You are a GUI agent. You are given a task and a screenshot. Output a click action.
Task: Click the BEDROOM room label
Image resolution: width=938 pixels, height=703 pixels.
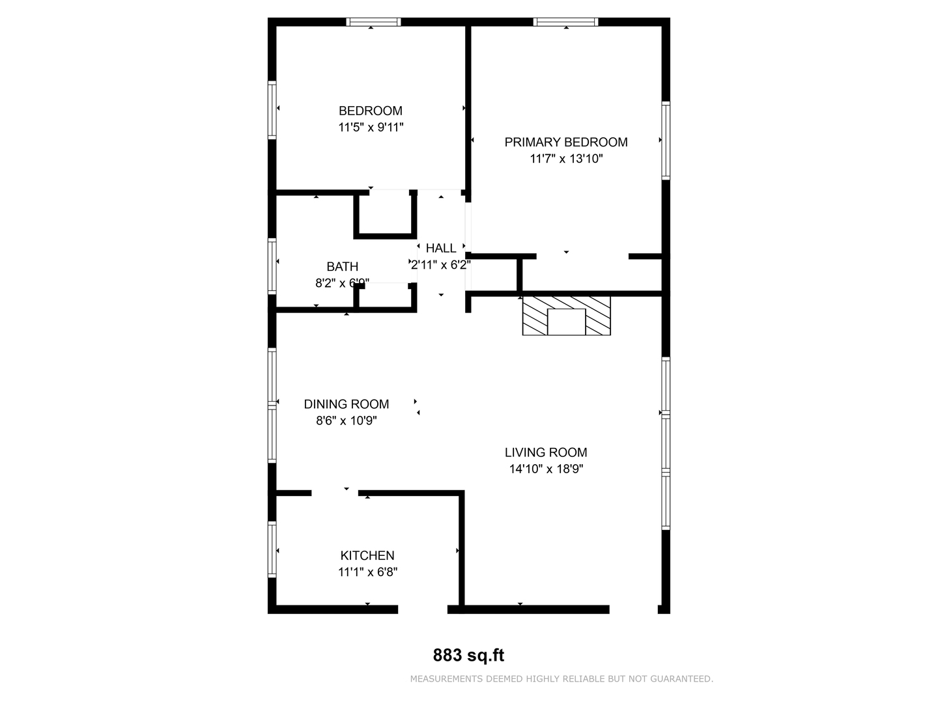coord(370,111)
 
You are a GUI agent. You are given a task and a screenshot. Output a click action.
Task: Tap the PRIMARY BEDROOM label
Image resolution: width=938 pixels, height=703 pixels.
coord(566,142)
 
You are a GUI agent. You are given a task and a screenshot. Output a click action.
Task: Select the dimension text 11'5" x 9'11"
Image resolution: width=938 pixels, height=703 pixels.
coord(371,128)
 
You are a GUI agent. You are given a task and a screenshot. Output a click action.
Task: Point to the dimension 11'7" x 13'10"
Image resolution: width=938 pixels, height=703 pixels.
coord(566,159)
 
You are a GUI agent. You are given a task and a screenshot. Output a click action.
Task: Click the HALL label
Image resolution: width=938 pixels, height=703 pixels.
coord(441,248)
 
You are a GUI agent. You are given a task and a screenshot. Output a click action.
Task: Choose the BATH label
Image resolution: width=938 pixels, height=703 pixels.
coord(342,266)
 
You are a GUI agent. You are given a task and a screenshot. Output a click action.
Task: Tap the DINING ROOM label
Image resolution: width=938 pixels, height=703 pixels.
coord(347,404)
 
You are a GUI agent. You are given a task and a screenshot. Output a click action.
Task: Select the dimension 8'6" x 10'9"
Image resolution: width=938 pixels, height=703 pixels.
coord(347,421)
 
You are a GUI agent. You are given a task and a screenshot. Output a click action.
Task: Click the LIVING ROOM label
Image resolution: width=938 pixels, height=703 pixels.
coord(546,452)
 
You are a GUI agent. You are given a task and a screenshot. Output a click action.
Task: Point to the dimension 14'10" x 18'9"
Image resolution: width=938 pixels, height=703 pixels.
coord(546,469)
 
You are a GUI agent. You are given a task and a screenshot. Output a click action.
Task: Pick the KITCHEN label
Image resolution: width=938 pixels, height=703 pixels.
coord(367,555)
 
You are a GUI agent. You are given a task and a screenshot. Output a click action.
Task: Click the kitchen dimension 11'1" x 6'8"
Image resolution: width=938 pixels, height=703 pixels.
coord(367,572)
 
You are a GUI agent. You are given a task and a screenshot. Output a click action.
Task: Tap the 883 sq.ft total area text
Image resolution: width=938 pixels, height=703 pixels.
coord(469,655)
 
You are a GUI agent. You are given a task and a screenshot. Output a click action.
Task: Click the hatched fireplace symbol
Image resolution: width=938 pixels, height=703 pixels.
coord(567,316)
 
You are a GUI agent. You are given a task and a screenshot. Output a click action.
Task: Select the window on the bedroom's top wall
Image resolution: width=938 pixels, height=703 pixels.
coord(373,22)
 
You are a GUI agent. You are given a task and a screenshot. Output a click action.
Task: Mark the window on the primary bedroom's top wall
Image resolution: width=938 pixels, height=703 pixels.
coord(565,22)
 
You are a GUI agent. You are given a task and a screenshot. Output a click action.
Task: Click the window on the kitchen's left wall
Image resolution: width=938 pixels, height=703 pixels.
coord(272,549)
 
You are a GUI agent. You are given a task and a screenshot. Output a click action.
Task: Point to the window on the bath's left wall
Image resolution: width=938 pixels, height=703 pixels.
coord(272,265)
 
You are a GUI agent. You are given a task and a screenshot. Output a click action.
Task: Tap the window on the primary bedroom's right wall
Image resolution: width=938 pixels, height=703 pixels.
coord(666,140)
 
